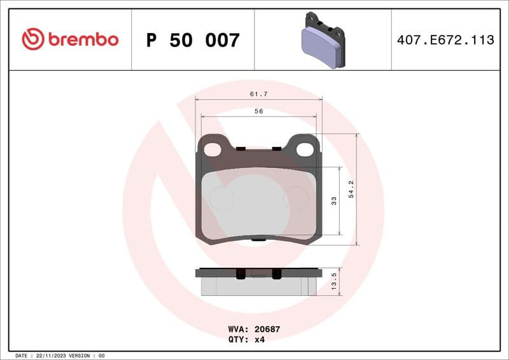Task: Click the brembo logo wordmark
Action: point(83,39)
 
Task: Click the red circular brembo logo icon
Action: point(33,39)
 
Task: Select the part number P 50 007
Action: point(193,41)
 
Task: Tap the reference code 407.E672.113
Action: point(445,40)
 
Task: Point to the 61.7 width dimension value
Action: point(258,94)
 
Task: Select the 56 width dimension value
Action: point(258,111)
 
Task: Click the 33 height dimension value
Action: point(334,201)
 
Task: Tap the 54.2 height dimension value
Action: point(351,190)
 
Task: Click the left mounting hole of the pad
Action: point(213,150)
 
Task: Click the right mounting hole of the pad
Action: point(305,150)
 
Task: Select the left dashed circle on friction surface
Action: point(221,198)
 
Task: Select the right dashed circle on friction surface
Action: point(296,198)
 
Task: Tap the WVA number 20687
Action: point(267,329)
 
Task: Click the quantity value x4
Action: point(260,339)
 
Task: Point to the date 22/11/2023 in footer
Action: point(54,355)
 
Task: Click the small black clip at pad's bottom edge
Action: point(258,240)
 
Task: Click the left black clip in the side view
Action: point(241,273)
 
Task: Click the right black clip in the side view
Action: point(277,273)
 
